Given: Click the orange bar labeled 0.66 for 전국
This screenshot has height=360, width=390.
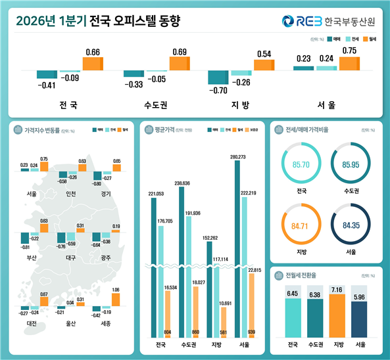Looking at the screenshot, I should (93, 64).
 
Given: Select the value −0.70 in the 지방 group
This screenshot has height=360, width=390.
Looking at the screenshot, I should (218, 90).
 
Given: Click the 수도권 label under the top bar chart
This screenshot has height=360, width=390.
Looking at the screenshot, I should (156, 105).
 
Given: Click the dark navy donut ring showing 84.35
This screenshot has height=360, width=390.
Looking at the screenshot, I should (351, 227).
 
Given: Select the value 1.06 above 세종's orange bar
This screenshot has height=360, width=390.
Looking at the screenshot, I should (116, 289).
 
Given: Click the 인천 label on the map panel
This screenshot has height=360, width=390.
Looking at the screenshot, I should (71, 193).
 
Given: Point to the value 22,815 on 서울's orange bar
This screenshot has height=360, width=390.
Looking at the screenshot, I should (253, 270).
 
